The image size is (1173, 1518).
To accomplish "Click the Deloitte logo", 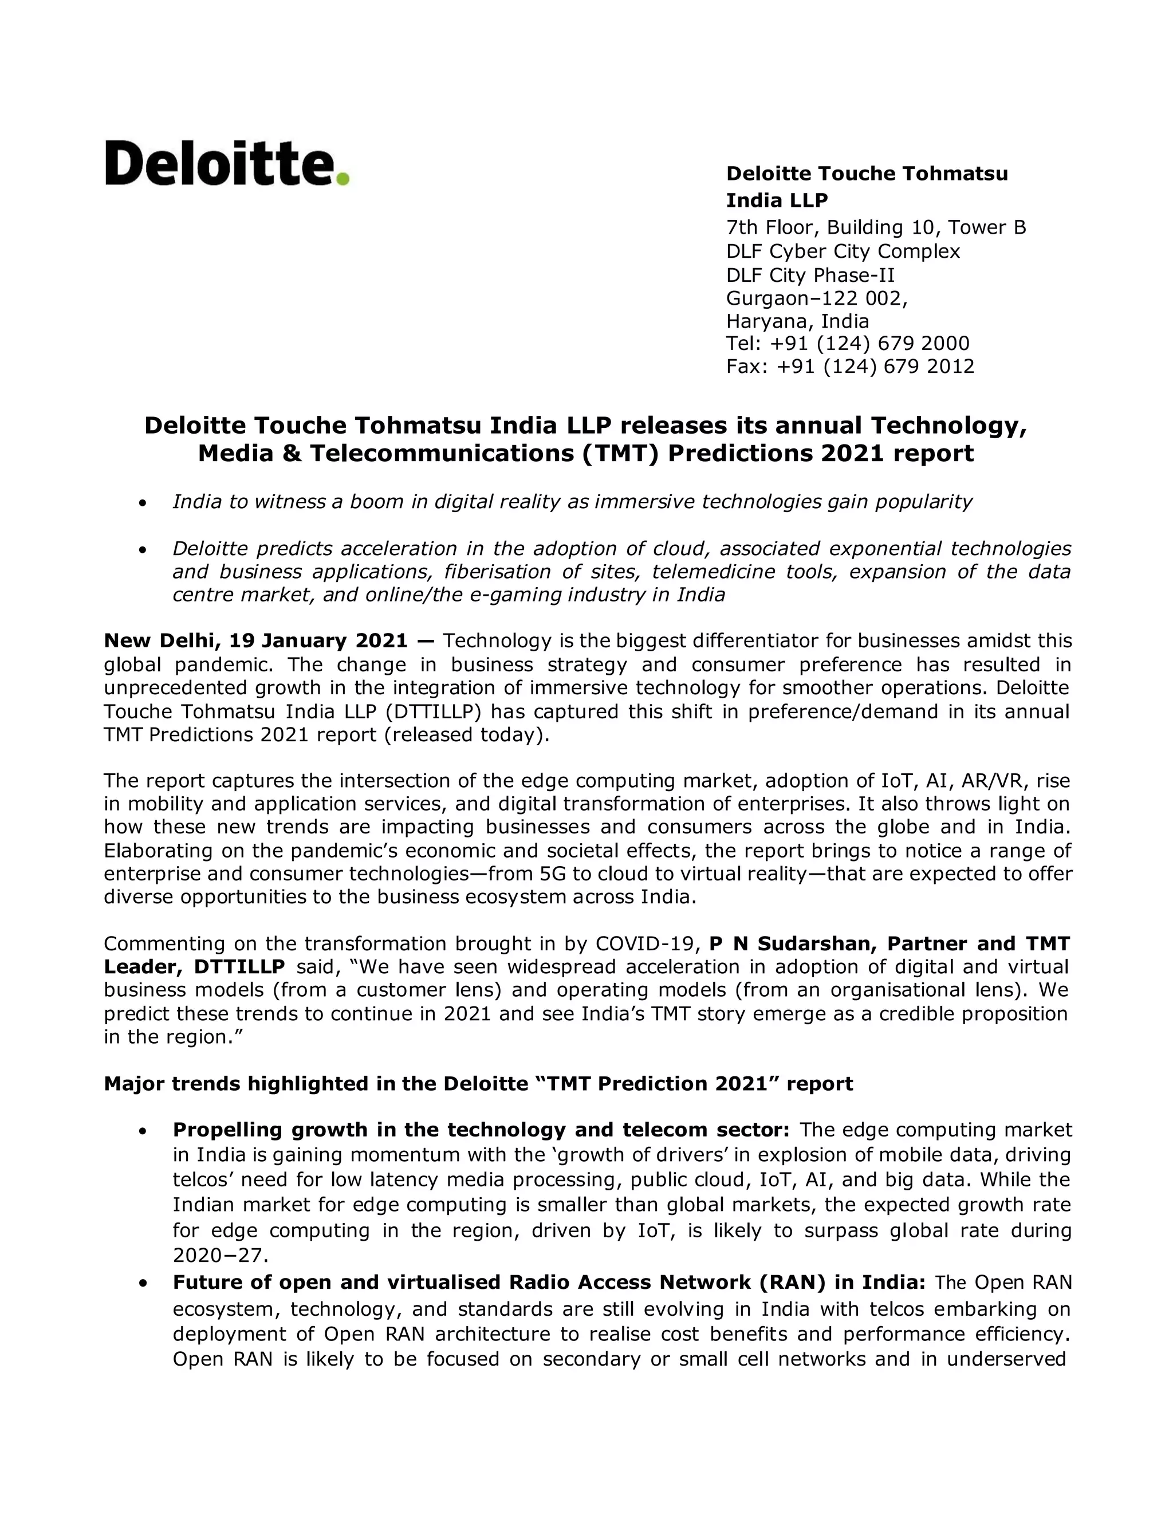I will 226,164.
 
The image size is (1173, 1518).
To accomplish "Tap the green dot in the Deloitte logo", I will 342,179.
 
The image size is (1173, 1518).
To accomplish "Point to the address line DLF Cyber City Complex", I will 843,251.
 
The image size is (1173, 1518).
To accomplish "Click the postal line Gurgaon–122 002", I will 817,298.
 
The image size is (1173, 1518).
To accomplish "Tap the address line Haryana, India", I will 797,321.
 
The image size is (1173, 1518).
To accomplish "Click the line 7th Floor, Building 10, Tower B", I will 876,227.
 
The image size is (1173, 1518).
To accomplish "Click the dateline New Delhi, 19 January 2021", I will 255,640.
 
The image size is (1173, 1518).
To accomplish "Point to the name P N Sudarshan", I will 785,944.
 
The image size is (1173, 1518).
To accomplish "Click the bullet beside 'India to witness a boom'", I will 143,502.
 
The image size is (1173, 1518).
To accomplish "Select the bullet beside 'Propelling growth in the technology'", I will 143,1131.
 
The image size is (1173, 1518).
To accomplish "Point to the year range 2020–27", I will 219,1255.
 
